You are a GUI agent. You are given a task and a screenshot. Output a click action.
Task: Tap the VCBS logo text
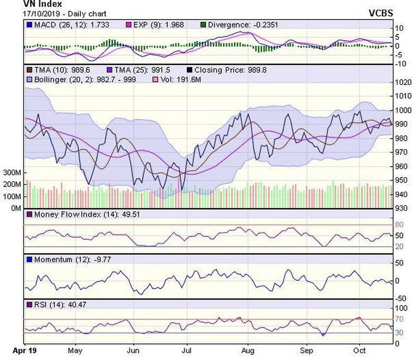pyautogui.click(x=381, y=13)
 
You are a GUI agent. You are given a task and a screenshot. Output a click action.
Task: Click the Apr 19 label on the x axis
pyautogui.click(x=23, y=350)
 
